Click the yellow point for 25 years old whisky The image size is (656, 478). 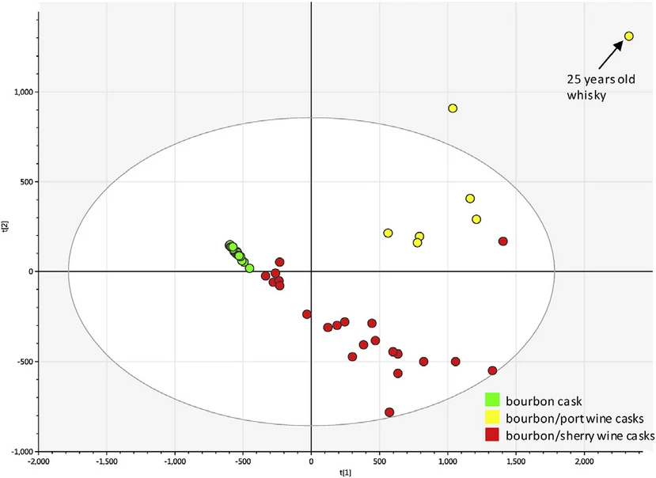[629, 36]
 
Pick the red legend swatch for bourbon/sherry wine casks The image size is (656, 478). [491, 435]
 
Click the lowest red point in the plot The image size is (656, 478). [389, 412]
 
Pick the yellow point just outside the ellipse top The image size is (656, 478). [453, 108]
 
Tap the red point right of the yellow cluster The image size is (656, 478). [502, 241]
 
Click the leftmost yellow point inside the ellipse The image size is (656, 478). [388, 233]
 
